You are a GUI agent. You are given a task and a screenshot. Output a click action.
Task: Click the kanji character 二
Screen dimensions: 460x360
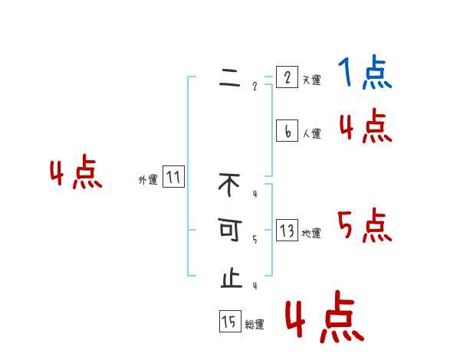[x=229, y=80]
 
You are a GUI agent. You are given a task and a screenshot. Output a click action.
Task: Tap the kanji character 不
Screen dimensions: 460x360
[x=229, y=185]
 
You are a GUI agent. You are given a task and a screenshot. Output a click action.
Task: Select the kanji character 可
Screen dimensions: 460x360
[x=229, y=231]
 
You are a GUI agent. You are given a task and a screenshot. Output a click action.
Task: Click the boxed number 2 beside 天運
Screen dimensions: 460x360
[x=287, y=77]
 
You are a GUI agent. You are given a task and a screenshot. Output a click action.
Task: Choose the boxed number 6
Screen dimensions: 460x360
[x=287, y=131]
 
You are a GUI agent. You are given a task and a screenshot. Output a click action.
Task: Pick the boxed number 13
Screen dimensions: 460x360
[x=287, y=231]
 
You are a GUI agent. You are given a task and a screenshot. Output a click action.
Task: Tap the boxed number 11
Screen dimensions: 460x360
[x=173, y=178]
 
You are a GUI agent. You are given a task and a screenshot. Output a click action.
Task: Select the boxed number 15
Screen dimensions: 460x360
[x=229, y=322]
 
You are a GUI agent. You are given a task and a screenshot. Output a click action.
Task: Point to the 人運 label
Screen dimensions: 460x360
[x=311, y=134]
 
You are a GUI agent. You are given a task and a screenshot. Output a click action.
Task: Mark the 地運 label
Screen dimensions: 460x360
[x=311, y=234]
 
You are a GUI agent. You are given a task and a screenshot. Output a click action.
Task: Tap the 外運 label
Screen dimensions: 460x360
[x=148, y=181]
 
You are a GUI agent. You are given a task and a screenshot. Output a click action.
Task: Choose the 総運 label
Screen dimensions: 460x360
[x=255, y=325]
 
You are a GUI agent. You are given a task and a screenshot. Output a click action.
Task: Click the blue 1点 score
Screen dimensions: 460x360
[x=364, y=74]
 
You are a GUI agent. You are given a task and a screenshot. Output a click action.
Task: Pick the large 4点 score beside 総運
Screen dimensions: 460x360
[x=324, y=318]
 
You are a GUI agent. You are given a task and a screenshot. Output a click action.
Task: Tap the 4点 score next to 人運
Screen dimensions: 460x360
[x=365, y=126]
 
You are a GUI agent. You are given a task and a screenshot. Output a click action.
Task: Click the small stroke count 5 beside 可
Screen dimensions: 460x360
[x=255, y=239]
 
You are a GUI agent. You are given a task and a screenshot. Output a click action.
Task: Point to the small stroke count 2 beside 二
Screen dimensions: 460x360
[x=255, y=86]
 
